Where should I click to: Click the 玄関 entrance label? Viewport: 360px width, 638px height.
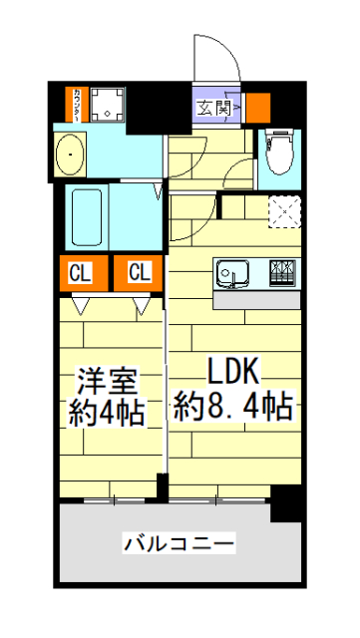click(x=212, y=106)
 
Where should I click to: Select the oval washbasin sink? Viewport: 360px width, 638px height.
click(x=72, y=156)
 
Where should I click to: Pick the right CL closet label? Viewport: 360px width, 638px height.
click(x=139, y=272)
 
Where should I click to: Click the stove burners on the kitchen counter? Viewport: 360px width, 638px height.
click(x=282, y=271)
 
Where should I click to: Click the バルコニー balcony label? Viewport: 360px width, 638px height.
click(x=180, y=543)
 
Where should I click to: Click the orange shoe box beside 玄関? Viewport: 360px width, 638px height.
click(x=258, y=106)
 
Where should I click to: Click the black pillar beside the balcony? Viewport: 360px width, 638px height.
click(x=288, y=504)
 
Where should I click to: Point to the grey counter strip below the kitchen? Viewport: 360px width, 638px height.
click(x=257, y=299)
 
